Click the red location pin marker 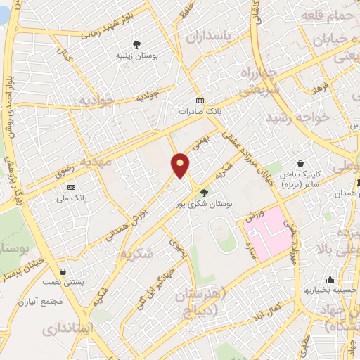181,165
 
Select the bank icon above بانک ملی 71,187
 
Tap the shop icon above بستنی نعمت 64,271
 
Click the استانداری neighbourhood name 67,328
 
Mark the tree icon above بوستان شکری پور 205,192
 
